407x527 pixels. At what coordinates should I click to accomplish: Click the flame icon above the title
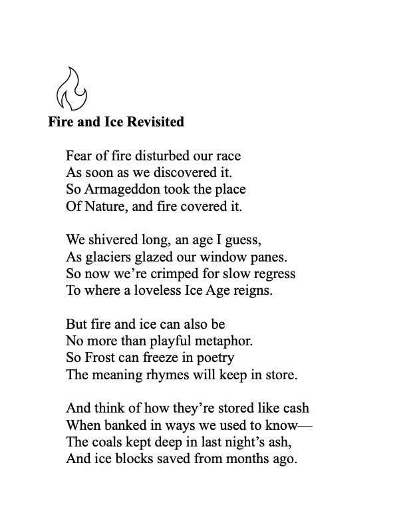pyautogui.click(x=70, y=88)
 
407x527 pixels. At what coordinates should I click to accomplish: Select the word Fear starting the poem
pyautogui.click(x=79, y=157)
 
